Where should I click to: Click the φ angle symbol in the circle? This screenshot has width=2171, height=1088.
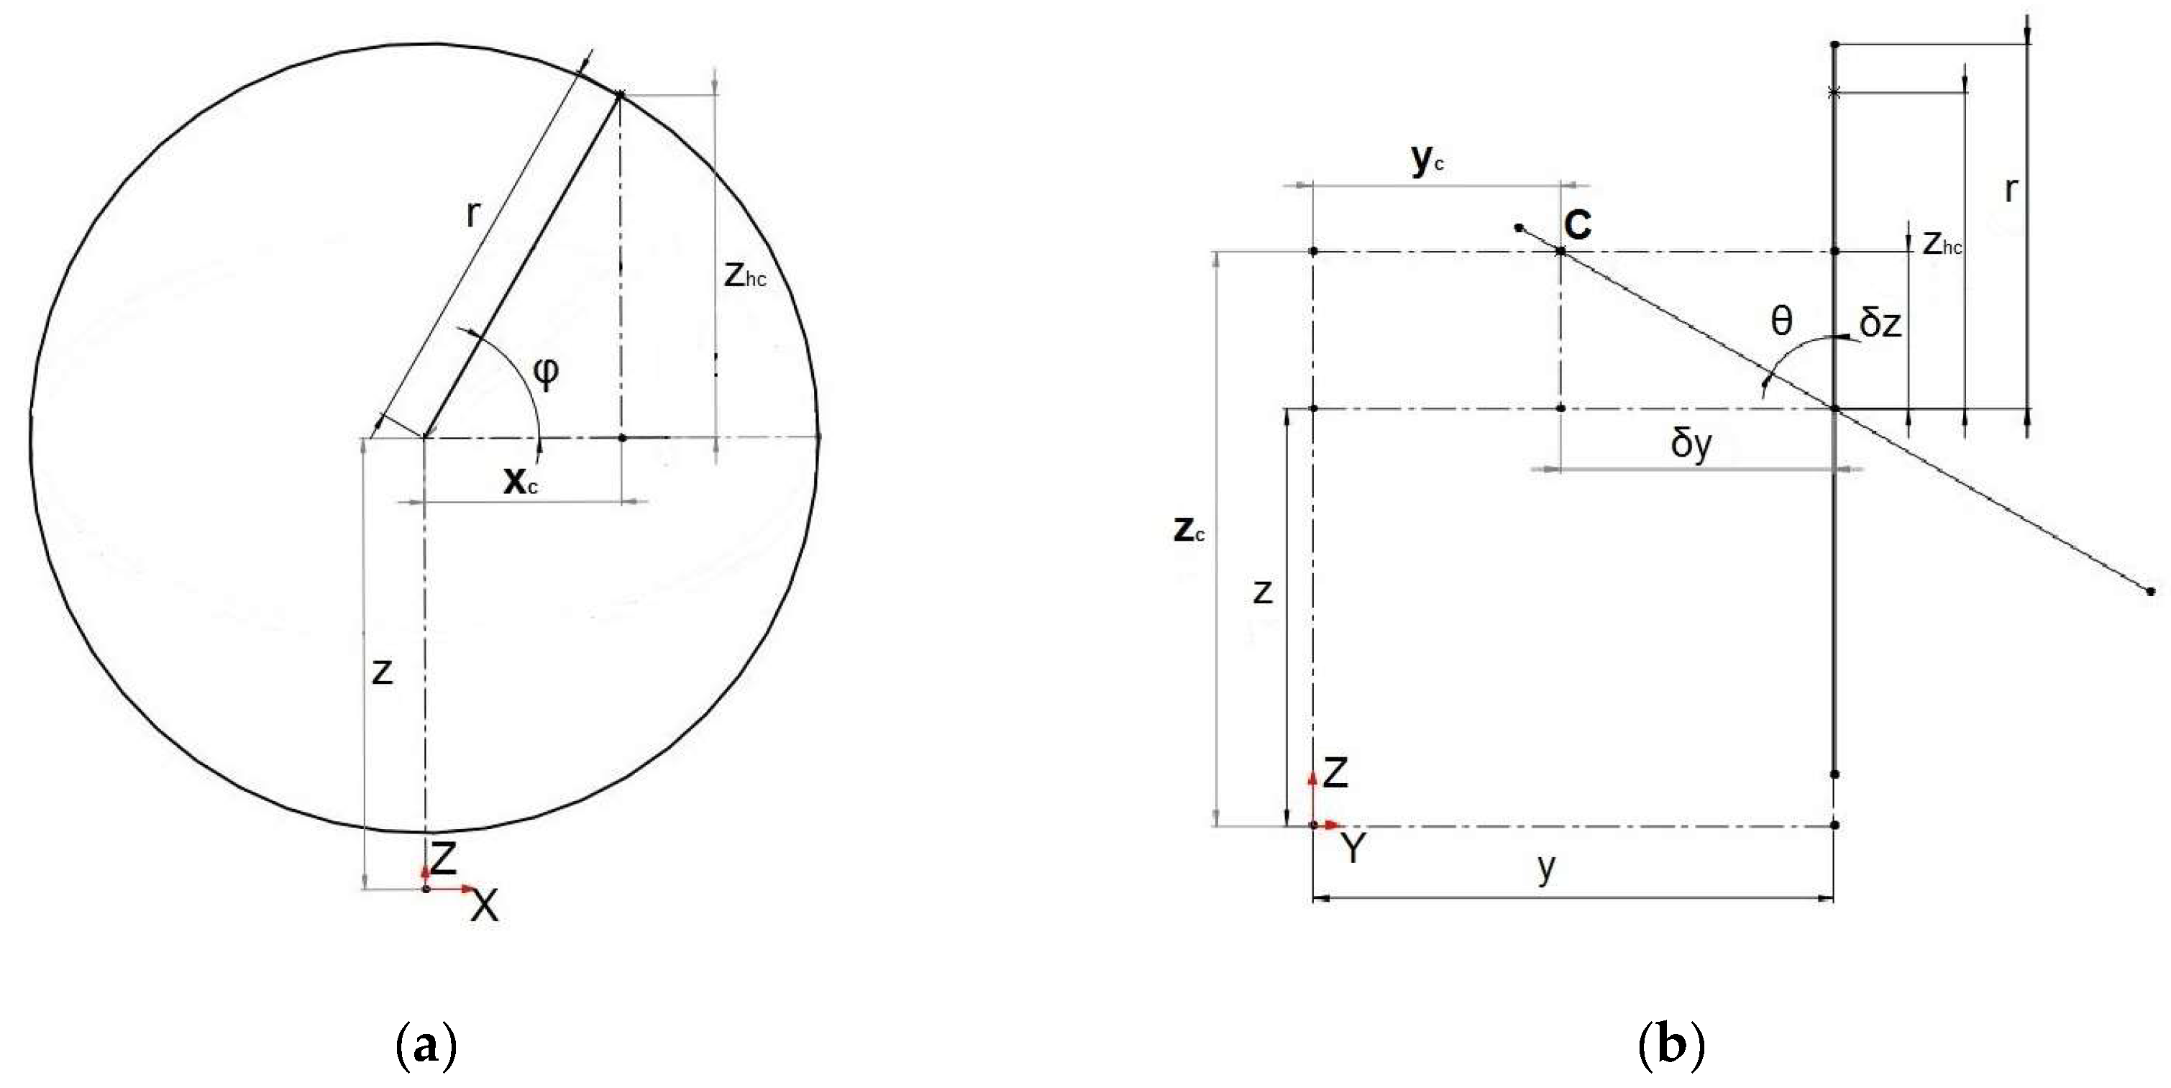(x=546, y=372)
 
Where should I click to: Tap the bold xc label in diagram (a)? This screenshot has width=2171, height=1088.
(x=520, y=480)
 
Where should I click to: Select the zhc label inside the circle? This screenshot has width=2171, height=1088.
(x=745, y=275)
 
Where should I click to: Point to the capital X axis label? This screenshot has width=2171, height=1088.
(x=485, y=906)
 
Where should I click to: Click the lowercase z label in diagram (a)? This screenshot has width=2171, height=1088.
(x=383, y=672)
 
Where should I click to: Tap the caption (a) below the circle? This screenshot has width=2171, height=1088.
(x=426, y=1045)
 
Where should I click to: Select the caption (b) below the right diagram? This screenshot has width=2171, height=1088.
(x=1671, y=1045)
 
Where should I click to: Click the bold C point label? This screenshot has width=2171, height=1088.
(x=1578, y=224)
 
